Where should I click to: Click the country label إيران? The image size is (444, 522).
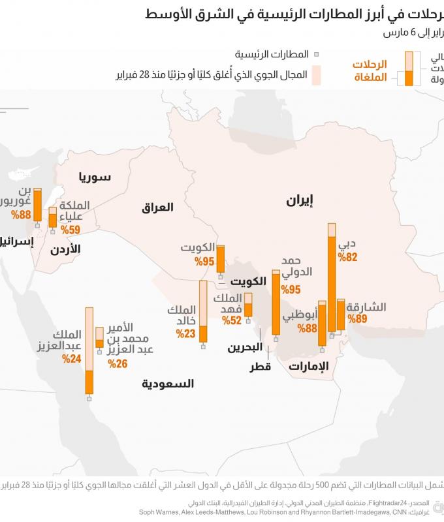point(300,201)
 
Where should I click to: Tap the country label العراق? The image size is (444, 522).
point(158,207)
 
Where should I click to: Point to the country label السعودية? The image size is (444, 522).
point(168,384)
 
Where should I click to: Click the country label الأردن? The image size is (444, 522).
point(65,249)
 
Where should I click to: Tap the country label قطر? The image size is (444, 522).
point(260,367)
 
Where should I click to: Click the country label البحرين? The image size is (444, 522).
point(245,347)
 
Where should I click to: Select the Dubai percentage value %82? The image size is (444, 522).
point(348,257)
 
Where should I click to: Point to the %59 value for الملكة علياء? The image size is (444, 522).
point(70,230)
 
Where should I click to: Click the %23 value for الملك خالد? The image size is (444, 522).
point(185,333)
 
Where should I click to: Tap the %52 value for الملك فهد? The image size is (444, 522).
point(232,320)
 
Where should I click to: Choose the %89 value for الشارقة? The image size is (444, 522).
point(358,319)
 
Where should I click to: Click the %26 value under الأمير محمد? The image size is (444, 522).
point(118,363)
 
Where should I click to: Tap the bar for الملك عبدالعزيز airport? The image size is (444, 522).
point(89,352)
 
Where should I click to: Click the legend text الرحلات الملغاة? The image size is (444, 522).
point(370,71)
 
